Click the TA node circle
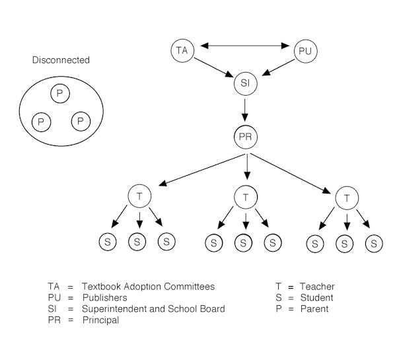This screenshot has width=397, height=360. click(181, 50)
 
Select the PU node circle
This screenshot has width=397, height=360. click(305, 51)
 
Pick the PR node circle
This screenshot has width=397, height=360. click(246, 139)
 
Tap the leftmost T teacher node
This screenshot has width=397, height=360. click(139, 196)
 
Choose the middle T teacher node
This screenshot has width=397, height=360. click(246, 196)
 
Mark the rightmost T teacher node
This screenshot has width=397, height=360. click(346, 198)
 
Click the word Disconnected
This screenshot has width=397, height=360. click(61, 61)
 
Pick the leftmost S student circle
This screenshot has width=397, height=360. click(108, 242)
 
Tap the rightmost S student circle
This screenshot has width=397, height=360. click(374, 243)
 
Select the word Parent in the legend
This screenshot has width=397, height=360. click(314, 309)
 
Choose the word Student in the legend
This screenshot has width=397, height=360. click(316, 298)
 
